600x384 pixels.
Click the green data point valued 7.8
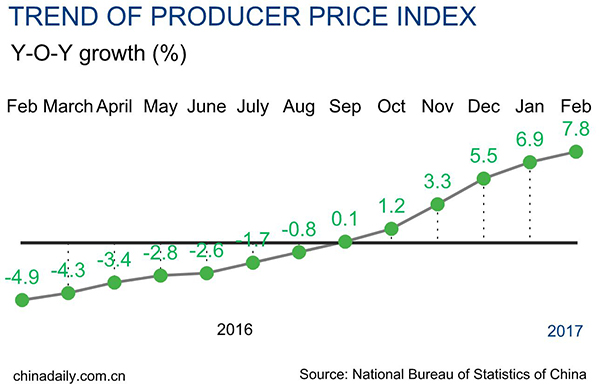pyautogui.click(x=576, y=151)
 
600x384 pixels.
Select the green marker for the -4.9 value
pyautogui.click(x=22, y=299)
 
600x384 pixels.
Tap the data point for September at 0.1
pyautogui.click(x=345, y=241)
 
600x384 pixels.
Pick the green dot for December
pyautogui.click(x=484, y=179)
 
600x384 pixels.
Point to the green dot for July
pyautogui.click(x=253, y=263)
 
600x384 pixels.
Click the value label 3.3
pyautogui.click(x=438, y=182)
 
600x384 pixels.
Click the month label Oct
pyautogui.click(x=391, y=106)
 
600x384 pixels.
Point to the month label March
pyautogui.click(x=68, y=106)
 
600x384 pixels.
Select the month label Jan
pyautogui.click(x=530, y=106)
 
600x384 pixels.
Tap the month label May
pyautogui.click(x=160, y=106)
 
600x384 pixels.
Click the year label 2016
pyautogui.click(x=235, y=329)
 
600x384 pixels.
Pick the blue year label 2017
pyautogui.click(x=565, y=331)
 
